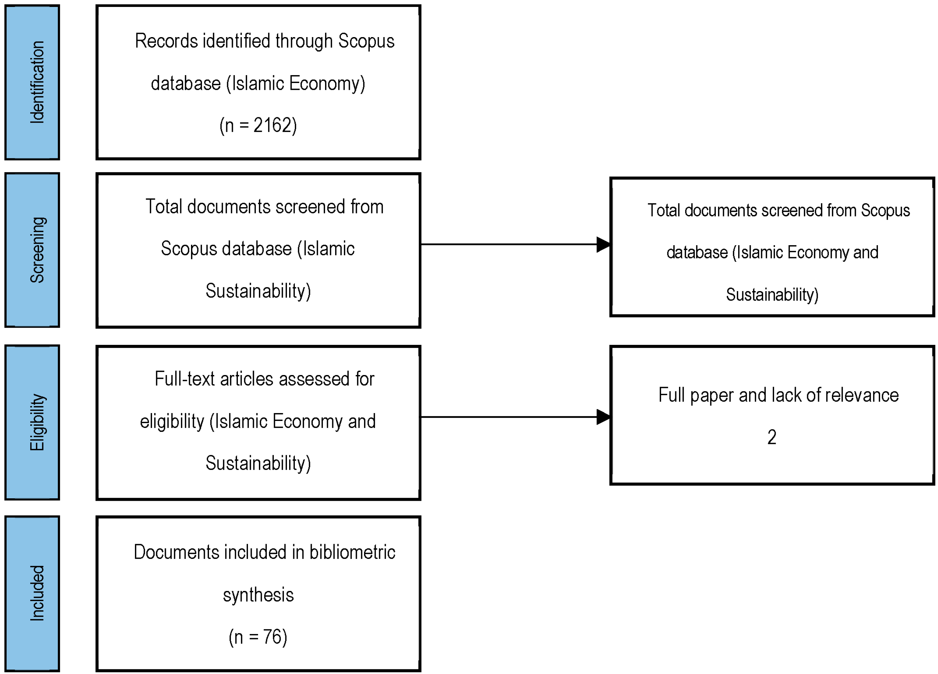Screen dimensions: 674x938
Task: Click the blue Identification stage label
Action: tap(32, 82)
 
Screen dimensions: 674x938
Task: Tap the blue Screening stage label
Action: tap(32, 250)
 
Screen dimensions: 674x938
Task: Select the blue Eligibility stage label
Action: tap(32, 422)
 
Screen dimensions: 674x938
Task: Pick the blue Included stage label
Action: tap(32, 594)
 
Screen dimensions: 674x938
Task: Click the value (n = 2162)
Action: tap(258, 125)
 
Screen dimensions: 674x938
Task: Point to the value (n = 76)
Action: tap(258, 637)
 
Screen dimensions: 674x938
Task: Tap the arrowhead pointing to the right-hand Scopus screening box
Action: tap(603, 245)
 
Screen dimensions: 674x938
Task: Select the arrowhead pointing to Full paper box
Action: tap(603, 417)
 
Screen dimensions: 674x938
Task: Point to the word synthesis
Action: tap(258, 595)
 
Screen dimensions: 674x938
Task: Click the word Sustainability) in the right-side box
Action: tap(772, 295)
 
